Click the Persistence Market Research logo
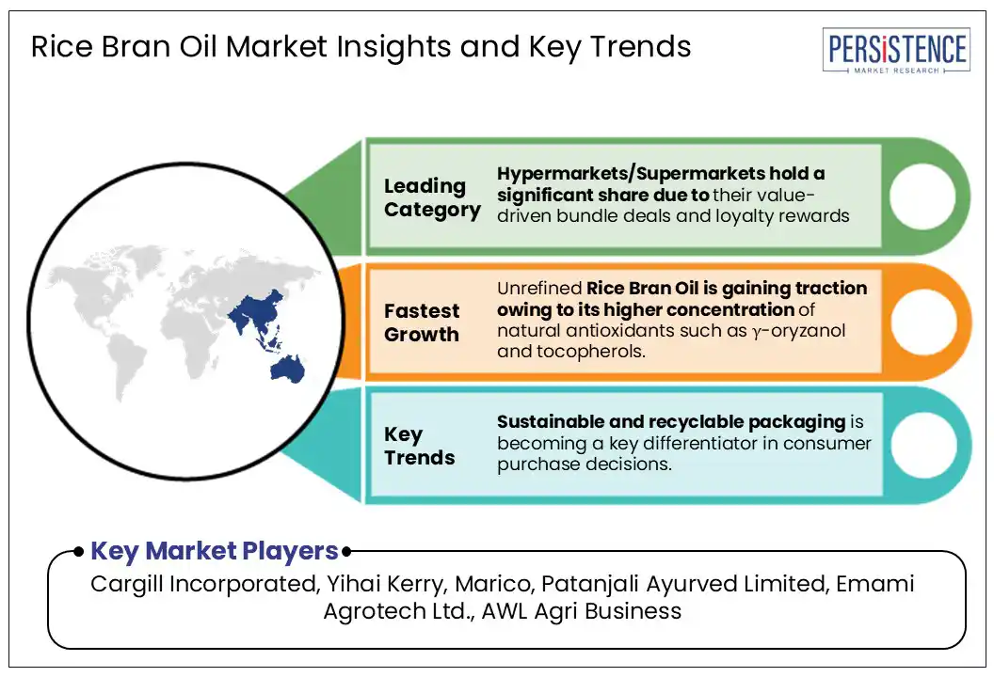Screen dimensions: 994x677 pos(896,51)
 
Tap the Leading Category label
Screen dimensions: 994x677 pos(432,197)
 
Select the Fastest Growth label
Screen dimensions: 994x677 pos(422,323)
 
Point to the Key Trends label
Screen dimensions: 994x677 pos(419,446)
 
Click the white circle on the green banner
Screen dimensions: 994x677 pos(922,196)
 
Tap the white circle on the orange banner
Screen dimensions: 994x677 pos(923,322)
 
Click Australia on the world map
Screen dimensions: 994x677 pos(287,369)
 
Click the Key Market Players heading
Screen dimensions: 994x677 pos(215,551)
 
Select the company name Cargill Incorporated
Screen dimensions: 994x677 pos(204,584)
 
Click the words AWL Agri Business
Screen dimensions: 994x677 pos(582,611)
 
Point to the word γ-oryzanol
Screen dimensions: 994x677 pos(799,331)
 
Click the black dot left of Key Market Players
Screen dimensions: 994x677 pos(79,552)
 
